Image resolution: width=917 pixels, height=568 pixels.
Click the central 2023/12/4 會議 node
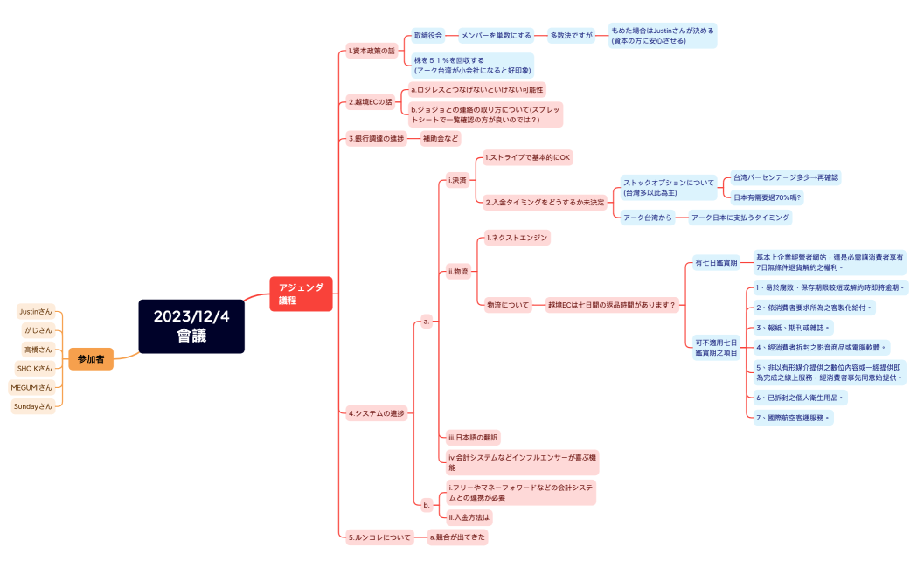(x=191, y=326)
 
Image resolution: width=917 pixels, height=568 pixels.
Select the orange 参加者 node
(x=91, y=358)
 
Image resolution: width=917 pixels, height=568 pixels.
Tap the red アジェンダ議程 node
(x=301, y=293)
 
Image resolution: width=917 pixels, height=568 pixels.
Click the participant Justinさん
(x=36, y=311)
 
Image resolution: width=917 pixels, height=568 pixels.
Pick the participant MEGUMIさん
(x=31, y=387)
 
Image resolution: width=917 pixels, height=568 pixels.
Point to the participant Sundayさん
(x=34, y=406)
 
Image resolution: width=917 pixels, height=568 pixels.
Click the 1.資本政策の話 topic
(x=372, y=51)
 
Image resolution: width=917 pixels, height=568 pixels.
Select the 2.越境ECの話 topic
(x=371, y=102)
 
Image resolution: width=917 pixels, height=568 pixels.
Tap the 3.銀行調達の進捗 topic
(x=377, y=138)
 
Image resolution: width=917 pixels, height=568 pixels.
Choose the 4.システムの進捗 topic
(x=377, y=412)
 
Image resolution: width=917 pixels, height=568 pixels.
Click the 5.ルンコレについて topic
(x=379, y=537)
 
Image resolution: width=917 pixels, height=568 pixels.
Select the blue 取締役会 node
(x=428, y=36)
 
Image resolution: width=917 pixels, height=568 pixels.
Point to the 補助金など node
(x=440, y=138)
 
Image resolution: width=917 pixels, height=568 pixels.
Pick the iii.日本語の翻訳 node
(x=473, y=437)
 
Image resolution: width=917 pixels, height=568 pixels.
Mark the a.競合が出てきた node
(x=457, y=537)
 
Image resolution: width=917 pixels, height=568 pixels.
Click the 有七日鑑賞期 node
(x=716, y=262)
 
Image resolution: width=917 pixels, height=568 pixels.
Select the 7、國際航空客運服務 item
(x=793, y=418)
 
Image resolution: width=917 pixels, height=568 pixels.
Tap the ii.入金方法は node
(x=469, y=517)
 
